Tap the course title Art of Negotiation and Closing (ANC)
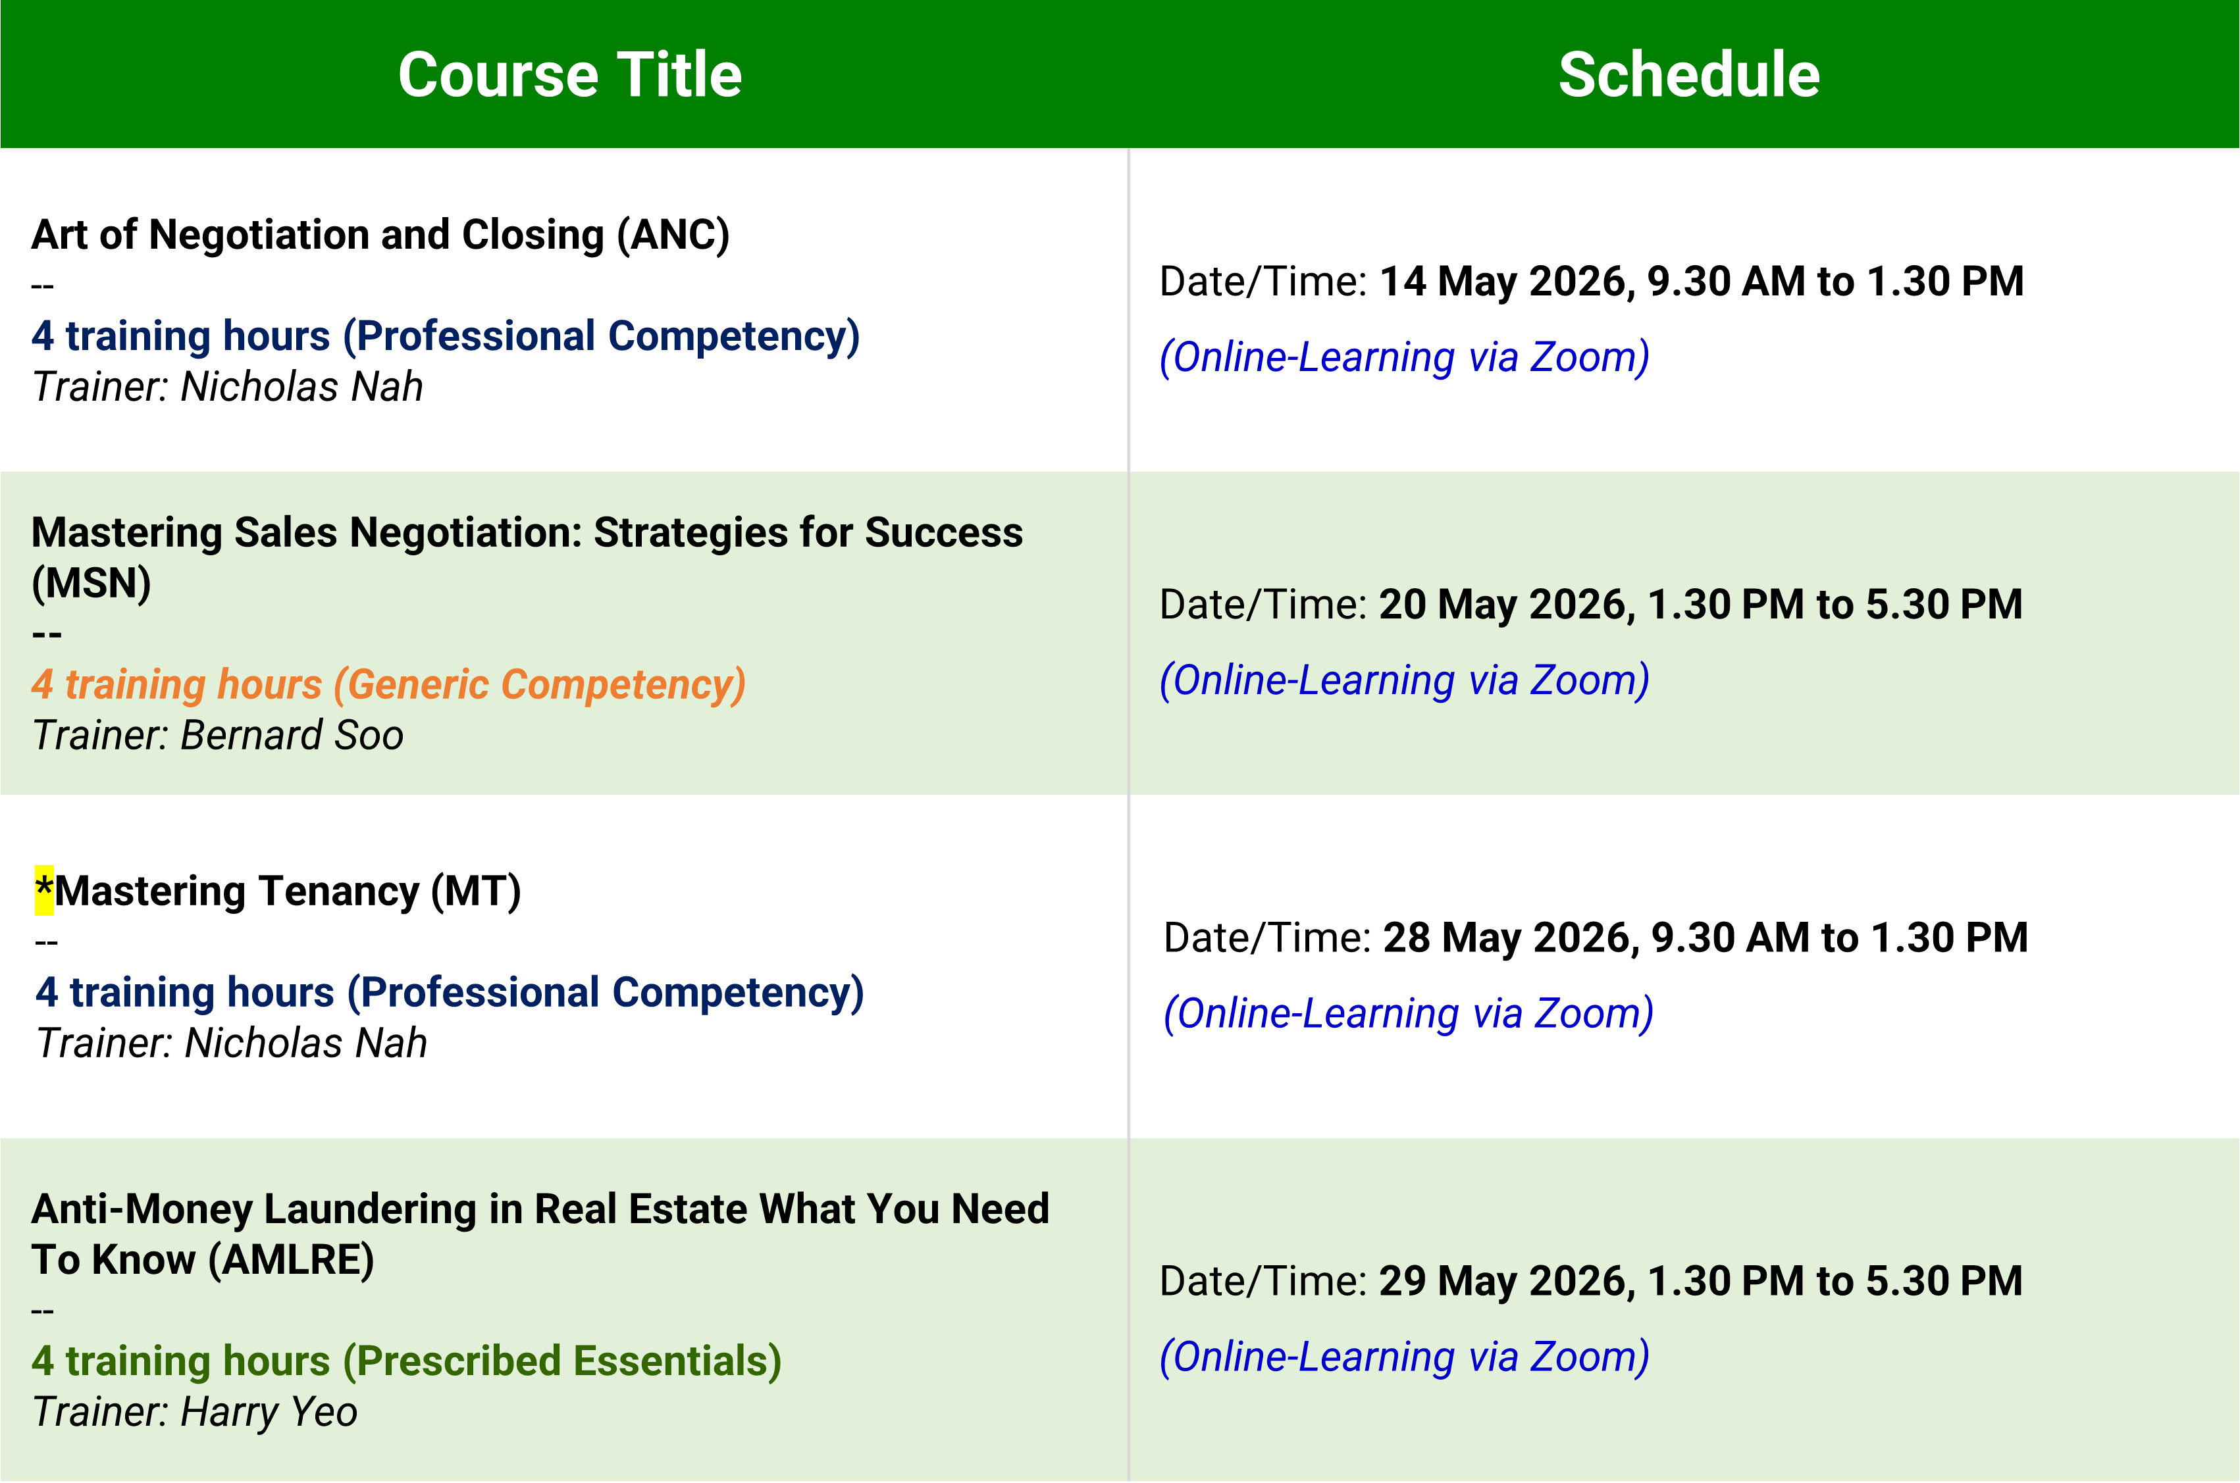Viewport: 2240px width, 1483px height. coord(380,234)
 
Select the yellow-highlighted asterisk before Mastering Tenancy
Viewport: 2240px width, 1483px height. coord(43,890)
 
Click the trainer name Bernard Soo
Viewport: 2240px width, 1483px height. coord(292,735)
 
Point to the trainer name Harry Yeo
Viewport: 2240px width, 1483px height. coord(269,1412)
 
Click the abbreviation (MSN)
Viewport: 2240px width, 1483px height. coord(91,583)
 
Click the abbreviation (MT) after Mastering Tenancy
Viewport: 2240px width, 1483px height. coord(476,891)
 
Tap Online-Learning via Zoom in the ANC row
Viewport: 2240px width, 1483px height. coord(1405,357)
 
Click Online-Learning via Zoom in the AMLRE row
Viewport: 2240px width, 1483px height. coord(1405,1356)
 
